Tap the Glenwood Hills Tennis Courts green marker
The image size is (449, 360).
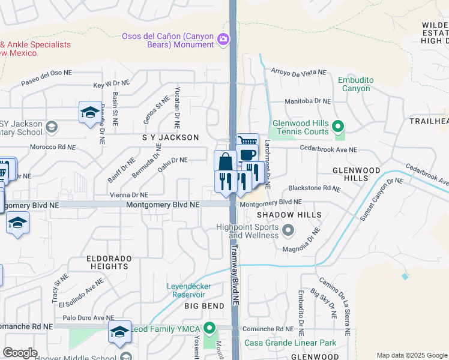coord(338,127)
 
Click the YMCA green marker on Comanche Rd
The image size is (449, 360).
coord(209,328)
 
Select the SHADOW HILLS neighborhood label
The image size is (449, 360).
coord(289,215)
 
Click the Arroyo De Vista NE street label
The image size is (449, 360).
coord(298,72)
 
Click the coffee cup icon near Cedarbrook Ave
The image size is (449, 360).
coord(248,155)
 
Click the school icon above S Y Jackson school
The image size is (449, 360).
coord(90,112)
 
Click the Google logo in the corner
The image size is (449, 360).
coord(20,353)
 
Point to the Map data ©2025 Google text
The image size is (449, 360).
coord(411,355)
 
